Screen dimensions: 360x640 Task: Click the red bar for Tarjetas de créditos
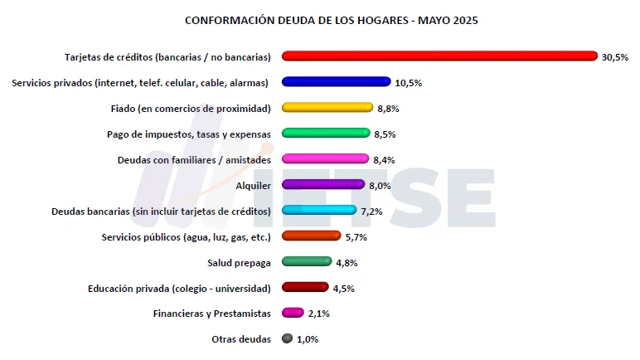click(x=439, y=56)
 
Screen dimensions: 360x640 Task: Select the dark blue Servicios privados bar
click(x=336, y=82)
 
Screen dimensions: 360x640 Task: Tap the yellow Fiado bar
click(x=327, y=108)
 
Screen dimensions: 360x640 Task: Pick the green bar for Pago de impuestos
click(x=326, y=134)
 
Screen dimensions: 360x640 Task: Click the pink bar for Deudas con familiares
click(x=325, y=159)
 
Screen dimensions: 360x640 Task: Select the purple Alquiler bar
click(x=323, y=185)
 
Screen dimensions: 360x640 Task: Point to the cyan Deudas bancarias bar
click(x=319, y=211)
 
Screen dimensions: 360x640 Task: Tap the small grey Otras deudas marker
click(x=288, y=338)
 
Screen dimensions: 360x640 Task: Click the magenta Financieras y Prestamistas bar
click(x=293, y=313)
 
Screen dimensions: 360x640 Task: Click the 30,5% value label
click(x=615, y=57)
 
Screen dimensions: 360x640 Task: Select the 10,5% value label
click(x=408, y=83)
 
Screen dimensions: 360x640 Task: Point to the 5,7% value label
click(x=356, y=237)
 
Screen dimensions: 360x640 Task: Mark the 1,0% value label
click(x=307, y=339)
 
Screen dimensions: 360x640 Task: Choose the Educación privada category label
click(x=179, y=289)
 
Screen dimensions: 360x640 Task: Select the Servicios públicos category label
click(x=186, y=237)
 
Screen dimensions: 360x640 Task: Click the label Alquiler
click(x=254, y=186)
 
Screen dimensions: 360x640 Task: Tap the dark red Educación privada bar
click(x=305, y=288)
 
